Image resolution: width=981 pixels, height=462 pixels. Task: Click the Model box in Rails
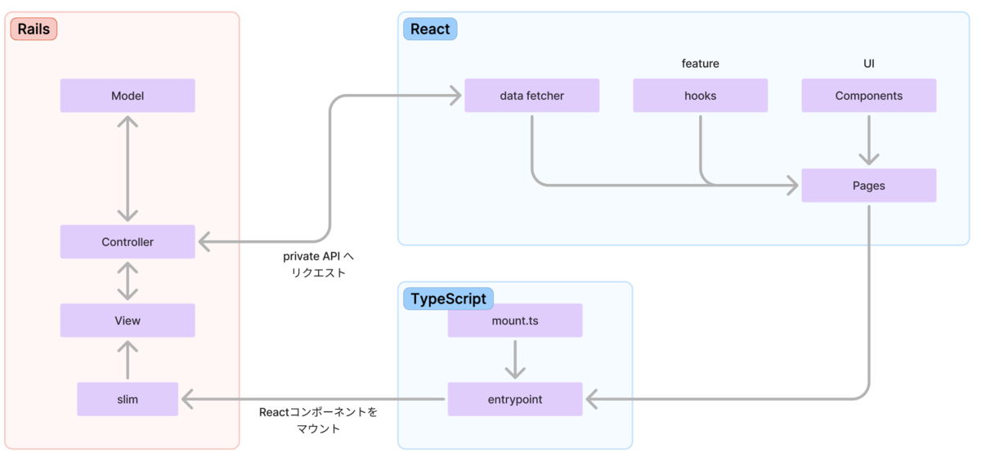click(128, 96)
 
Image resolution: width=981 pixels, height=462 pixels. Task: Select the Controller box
click(128, 242)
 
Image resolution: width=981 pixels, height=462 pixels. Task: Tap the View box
click(128, 321)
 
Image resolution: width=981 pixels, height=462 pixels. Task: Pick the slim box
click(128, 399)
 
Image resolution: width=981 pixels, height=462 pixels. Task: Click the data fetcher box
click(531, 96)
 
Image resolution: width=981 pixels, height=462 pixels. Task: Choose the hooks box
click(700, 96)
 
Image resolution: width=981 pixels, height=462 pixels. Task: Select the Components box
click(868, 96)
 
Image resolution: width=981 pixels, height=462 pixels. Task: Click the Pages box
click(868, 186)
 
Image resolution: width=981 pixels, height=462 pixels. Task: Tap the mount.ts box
click(515, 321)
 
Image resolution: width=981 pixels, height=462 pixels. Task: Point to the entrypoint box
click(515, 399)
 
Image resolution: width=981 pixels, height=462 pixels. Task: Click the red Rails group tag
click(34, 29)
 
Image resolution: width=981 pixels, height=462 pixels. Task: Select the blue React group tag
click(430, 29)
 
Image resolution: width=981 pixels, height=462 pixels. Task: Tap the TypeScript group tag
click(448, 298)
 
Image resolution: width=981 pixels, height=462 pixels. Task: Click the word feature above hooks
click(700, 63)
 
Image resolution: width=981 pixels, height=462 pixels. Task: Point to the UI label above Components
click(868, 63)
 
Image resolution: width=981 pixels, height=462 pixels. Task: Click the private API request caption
click(319, 264)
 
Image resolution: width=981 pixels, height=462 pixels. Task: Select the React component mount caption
click(319, 420)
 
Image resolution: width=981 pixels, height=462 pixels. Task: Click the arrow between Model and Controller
click(128, 168)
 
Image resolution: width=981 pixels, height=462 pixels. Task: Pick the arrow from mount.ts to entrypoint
click(515, 358)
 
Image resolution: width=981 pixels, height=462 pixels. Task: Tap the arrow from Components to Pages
click(868, 141)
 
